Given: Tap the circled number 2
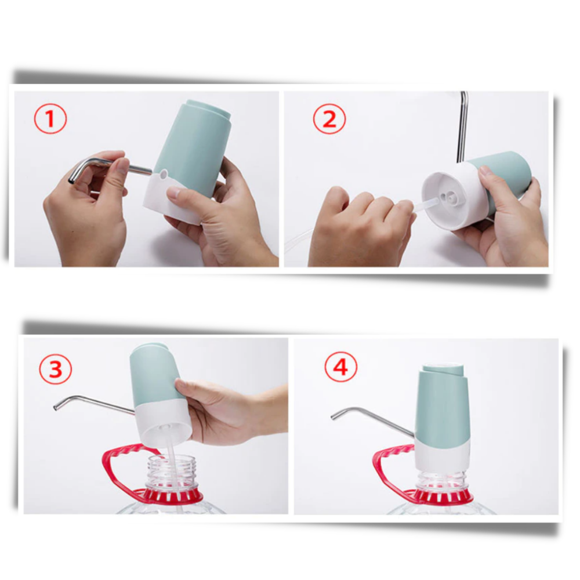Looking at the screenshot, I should (329, 120).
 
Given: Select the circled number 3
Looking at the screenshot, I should (55, 369).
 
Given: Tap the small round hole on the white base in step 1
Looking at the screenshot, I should (164, 173).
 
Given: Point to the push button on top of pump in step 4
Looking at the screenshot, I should (443, 369).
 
